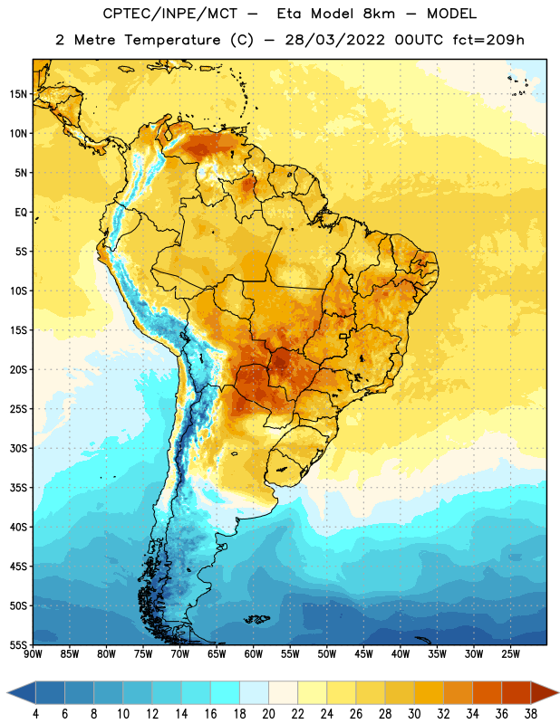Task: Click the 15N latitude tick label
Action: (18, 94)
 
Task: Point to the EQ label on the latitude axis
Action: (21, 213)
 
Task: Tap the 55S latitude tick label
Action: (18, 644)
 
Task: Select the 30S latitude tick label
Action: (18, 448)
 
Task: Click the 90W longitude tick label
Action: (33, 654)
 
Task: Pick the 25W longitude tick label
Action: (510, 654)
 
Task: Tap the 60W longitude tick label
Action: (254, 654)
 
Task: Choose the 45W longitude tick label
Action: (364, 654)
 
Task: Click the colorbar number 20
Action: (268, 714)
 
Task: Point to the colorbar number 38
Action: (531, 714)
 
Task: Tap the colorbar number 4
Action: (35, 714)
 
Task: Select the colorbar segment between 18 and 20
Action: (255, 692)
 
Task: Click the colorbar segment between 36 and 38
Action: (517, 692)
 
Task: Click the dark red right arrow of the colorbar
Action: (544, 692)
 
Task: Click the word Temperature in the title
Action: (172, 40)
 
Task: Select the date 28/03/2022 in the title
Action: (334, 40)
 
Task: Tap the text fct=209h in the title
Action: (488, 40)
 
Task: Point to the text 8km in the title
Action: (379, 14)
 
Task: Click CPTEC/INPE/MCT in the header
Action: (170, 14)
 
